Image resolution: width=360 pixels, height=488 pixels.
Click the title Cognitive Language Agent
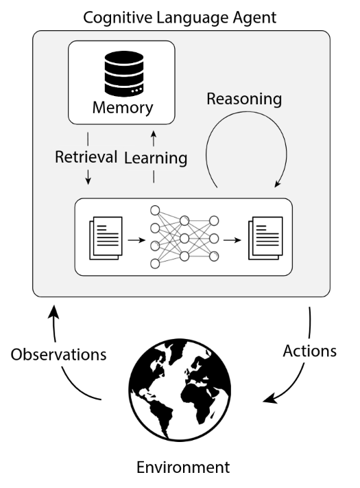tap(180, 18)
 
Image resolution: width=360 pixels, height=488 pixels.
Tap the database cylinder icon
tap(124, 73)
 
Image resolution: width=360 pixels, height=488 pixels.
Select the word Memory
tap(123, 108)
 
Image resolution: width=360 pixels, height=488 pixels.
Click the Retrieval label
tap(86, 156)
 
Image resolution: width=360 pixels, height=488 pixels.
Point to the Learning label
tap(156, 158)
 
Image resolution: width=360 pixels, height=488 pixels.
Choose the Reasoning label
tap(244, 100)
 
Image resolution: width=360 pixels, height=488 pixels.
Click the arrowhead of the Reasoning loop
tap(277, 184)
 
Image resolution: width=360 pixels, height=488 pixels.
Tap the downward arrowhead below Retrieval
tap(88, 181)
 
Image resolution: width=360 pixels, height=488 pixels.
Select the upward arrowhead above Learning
tap(154, 134)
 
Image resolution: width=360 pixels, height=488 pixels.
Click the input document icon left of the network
tap(106, 237)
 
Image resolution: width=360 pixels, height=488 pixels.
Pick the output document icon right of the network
tap(266, 237)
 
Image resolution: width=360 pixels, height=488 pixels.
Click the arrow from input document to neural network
tap(136, 240)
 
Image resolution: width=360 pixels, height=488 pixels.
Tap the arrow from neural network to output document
tap(232, 240)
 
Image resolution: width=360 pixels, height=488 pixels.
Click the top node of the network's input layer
tap(155, 211)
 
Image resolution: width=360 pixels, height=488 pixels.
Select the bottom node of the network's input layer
tap(155, 264)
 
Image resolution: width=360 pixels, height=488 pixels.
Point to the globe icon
tap(180, 390)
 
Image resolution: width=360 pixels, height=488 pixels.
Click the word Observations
tap(59, 354)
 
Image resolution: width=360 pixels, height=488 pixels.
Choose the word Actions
tap(310, 351)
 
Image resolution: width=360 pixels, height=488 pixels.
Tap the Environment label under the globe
tap(183, 467)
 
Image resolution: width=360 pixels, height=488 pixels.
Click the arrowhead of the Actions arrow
tap(270, 399)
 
